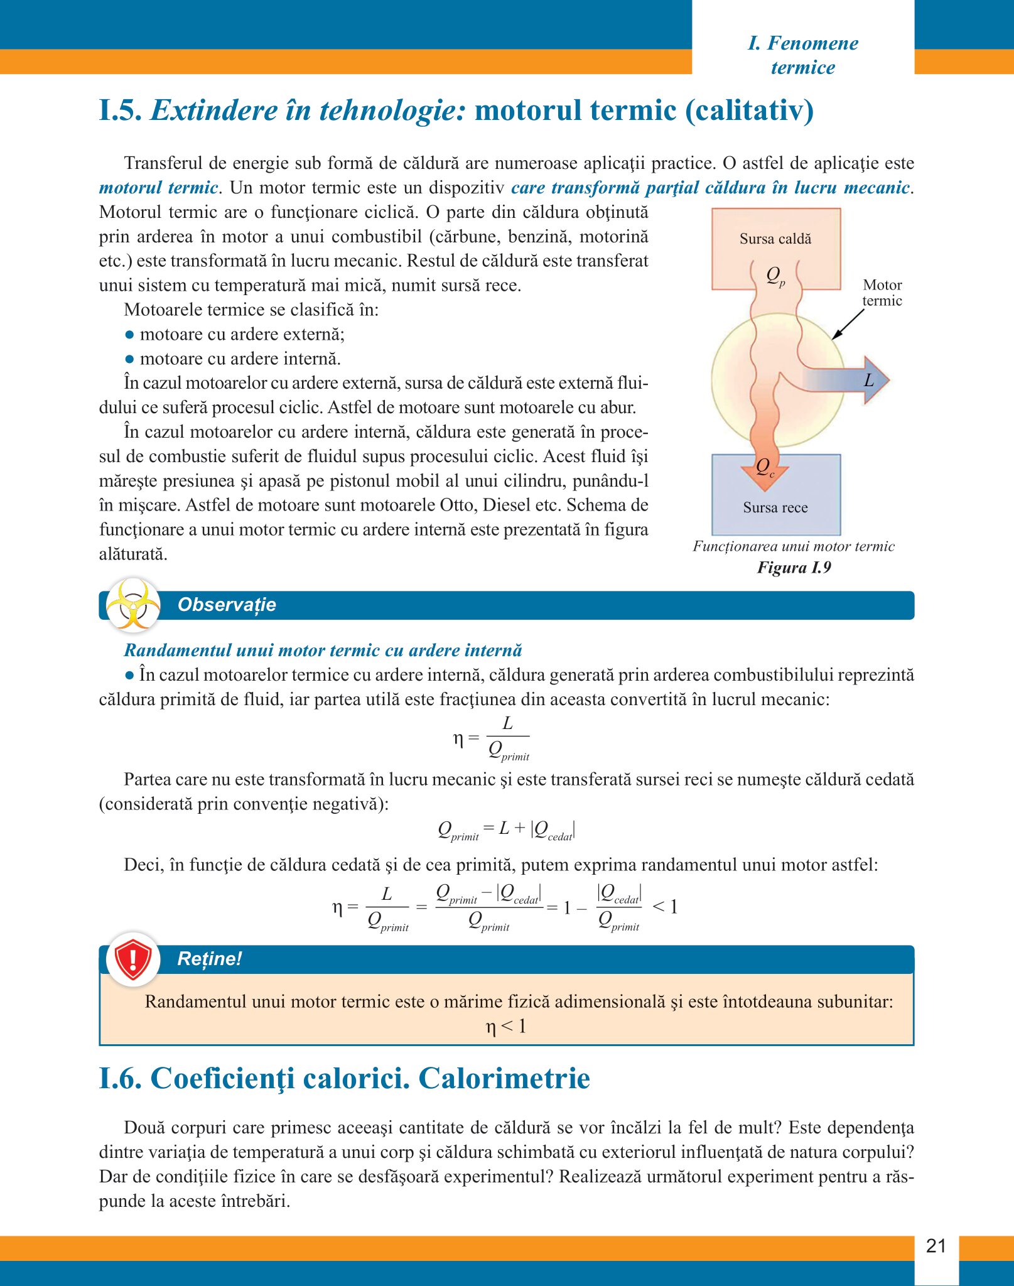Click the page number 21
click(936, 1246)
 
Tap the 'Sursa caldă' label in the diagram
click(775, 239)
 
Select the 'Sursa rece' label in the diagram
click(775, 507)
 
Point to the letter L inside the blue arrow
click(869, 380)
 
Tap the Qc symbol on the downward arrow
click(765, 467)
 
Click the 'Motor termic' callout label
click(882, 293)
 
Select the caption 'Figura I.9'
click(794, 568)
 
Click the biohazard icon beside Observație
click(133, 605)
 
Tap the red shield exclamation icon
click(133, 959)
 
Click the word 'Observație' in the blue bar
click(227, 605)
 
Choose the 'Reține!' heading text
click(209, 959)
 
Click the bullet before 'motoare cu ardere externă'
click(129, 335)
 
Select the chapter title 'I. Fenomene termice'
click(803, 55)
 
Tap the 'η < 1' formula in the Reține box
click(506, 1027)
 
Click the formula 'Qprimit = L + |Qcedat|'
click(506, 830)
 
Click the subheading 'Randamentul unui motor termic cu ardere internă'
click(323, 650)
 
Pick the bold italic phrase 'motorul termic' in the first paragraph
click(158, 188)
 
